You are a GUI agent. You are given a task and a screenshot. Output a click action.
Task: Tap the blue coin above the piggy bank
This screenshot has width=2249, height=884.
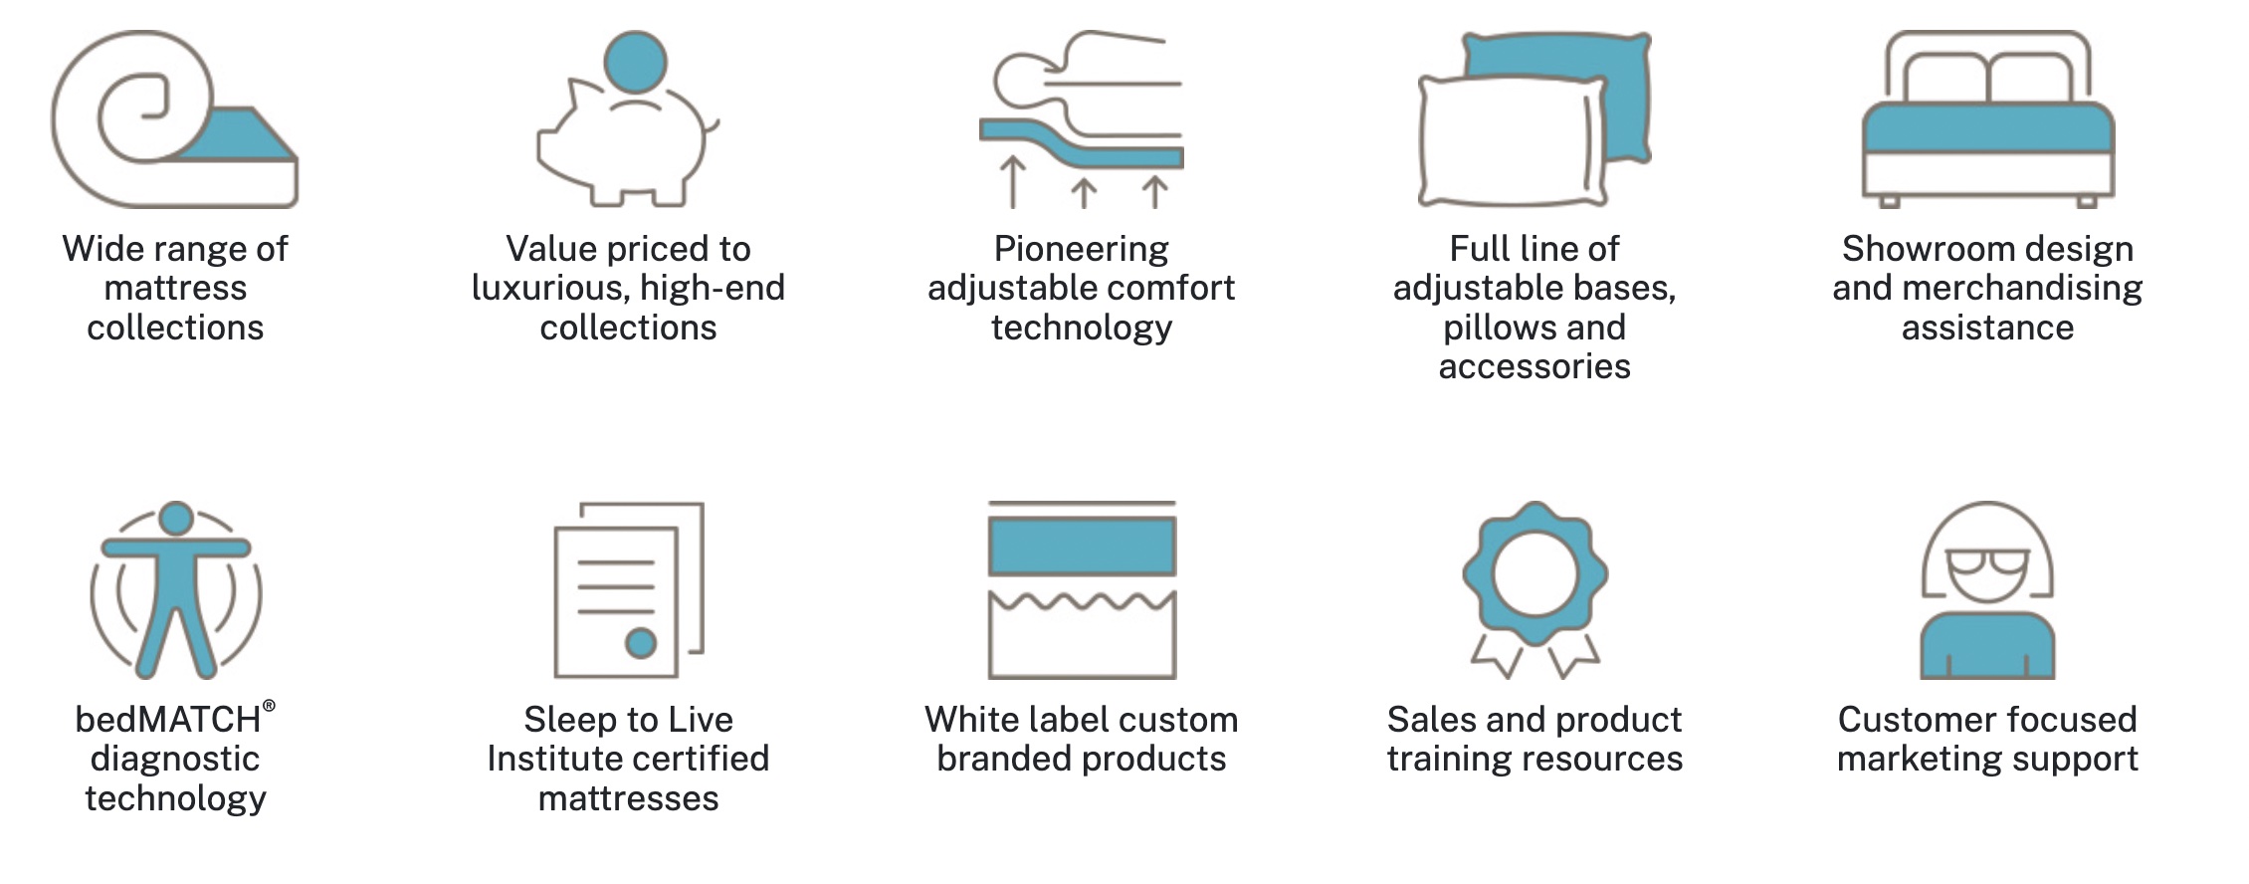point(635,62)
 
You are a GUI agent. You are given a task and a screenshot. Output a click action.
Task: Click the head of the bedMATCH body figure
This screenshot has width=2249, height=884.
point(176,518)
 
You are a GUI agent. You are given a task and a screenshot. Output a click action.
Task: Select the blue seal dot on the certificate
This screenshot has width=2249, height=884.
point(641,643)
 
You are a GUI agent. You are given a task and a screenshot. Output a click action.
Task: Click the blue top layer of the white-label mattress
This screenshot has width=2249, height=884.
point(1082,546)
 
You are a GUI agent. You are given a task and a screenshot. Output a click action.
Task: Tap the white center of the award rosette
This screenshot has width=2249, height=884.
point(1534,573)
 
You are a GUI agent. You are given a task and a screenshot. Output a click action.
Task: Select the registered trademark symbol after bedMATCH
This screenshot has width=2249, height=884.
point(269,706)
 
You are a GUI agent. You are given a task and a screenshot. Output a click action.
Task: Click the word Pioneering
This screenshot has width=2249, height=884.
point(1081,249)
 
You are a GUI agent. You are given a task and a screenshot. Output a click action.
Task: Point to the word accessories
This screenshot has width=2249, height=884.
point(1534,367)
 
